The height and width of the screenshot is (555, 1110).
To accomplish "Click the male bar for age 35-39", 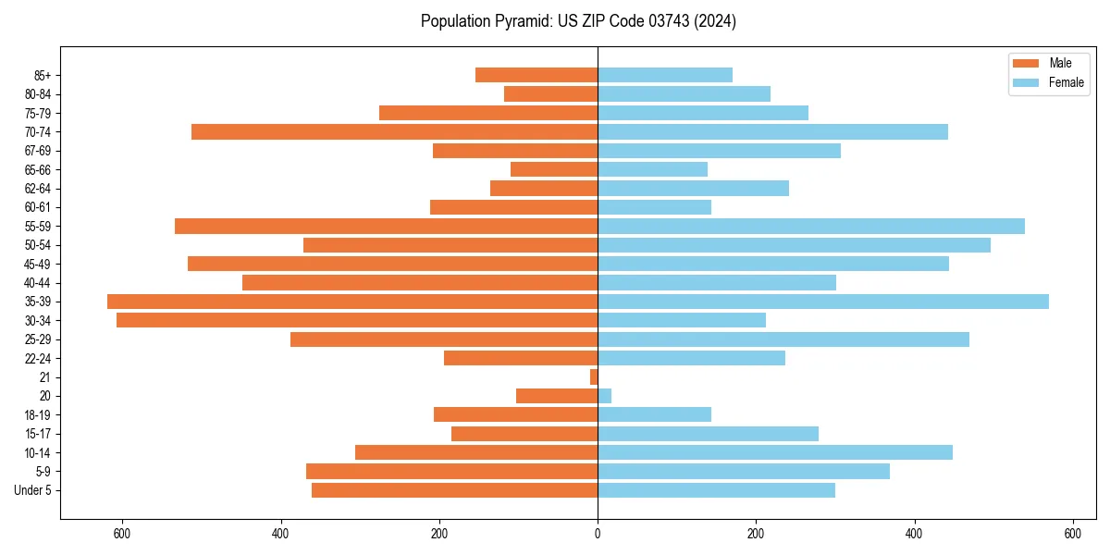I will click(x=352, y=302).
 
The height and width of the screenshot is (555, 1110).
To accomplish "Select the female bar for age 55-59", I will click(x=811, y=226).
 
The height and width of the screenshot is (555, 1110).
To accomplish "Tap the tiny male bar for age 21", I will click(x=594, y=377).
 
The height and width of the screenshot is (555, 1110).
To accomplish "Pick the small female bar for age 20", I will click(x=605, y=396).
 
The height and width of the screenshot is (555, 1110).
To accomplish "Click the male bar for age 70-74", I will click(x=395, y=131).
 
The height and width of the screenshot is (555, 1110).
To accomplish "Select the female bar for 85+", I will click(x=665, y=75).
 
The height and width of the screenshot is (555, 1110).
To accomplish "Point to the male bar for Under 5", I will click(x=455, y=490).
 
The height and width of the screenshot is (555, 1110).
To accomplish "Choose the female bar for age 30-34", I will click(x=682, y=320).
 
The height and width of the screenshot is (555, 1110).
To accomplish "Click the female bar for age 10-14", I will click(x=775, y=452).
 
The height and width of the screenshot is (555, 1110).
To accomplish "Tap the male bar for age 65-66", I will click(x=554, y=169).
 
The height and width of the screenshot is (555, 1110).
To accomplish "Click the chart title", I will click(x=578, y=21).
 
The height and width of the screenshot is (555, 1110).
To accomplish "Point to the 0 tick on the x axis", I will click(x=598, y=534).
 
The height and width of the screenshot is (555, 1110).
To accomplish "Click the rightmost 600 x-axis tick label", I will click(x=1073, y=534).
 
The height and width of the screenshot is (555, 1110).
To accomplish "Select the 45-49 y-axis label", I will click(x=38, y=264).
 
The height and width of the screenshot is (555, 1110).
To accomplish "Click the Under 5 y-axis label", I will click(x=33, y=490).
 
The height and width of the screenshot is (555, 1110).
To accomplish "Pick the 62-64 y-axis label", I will click(x=38, y=189).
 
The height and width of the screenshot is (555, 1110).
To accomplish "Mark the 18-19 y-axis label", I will click(x=38, y=415).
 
